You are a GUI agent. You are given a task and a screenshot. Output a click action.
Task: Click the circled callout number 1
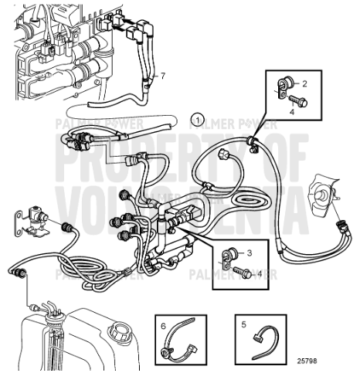[199, 119]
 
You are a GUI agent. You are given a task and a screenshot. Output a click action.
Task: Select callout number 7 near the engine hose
[163, 76]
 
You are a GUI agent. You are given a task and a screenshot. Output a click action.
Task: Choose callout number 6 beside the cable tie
[163, 326]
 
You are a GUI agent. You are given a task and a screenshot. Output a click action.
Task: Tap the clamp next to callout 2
[284, 83]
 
